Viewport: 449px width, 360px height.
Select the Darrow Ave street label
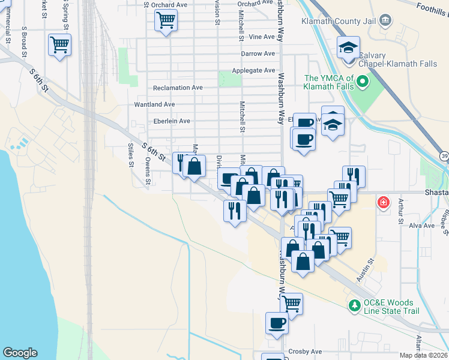(x=258, y=53)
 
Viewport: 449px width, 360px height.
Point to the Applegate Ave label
(x=253, y=70)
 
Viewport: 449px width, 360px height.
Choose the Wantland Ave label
(x=154, y=104)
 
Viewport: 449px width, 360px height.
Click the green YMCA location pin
(x=361, y=81)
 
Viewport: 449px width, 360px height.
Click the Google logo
(x=20, y=353)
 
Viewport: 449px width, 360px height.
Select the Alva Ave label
(x=421, y=226)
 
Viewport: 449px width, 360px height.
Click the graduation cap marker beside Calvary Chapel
(x=348, y=48)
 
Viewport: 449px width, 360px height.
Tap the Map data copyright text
(x=423, y=355)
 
